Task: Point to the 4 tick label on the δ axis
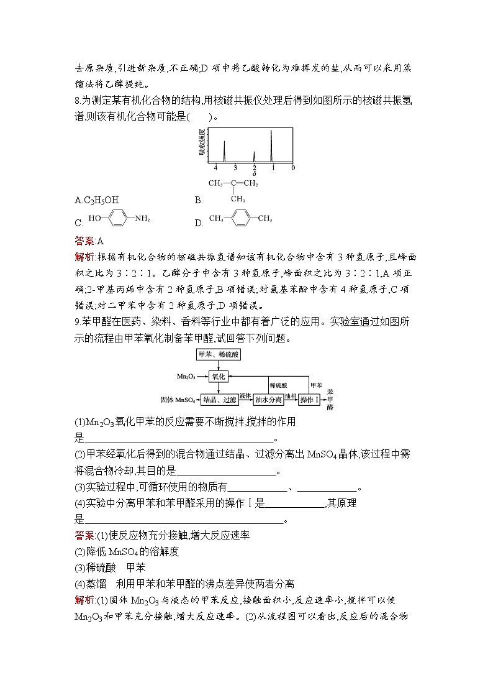tap(215, 168)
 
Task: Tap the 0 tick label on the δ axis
tap(292, 168)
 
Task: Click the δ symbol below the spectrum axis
tap(254, 174)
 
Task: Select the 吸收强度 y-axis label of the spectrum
tap(202, 142)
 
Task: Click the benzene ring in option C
tap(117, 219)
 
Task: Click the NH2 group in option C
tap(142, 219)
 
